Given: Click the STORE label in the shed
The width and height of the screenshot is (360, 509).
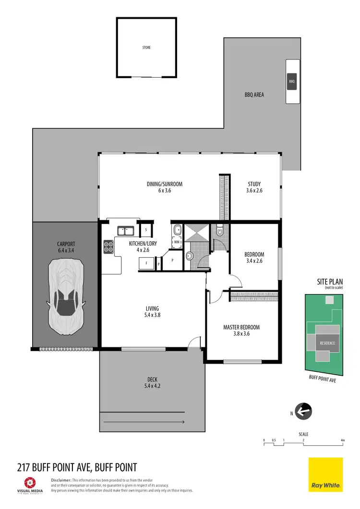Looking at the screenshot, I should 146,47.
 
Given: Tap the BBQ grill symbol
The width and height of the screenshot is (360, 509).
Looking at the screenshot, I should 292,82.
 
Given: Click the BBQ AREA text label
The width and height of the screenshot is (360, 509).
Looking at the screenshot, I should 254,95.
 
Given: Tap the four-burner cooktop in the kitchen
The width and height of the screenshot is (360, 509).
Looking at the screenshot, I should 108,247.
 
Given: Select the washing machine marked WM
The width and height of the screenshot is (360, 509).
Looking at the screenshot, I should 176,242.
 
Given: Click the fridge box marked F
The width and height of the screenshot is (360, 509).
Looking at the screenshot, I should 146,264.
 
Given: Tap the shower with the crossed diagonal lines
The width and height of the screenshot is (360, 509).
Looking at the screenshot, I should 197,233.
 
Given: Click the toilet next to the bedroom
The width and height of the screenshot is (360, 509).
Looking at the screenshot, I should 220,231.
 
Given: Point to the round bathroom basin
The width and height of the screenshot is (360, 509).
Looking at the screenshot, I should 189,255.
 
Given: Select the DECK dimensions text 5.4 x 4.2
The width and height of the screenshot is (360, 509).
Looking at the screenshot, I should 152,386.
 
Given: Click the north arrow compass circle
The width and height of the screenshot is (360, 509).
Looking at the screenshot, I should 304,411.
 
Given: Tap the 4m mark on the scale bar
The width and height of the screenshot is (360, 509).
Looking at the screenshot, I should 342,440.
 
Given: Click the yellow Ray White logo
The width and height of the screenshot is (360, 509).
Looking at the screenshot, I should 325,474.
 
